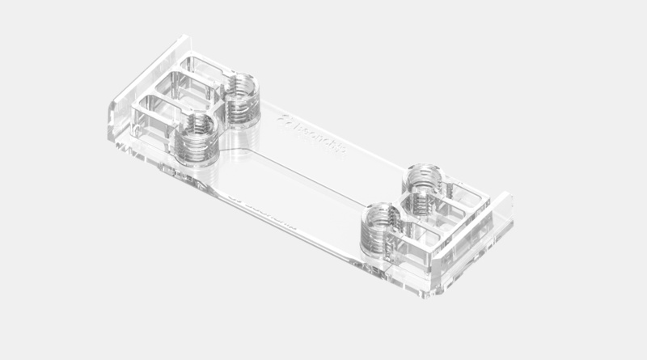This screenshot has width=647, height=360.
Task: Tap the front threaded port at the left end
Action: tap(196, 136)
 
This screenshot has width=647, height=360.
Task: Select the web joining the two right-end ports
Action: tap(402, 202)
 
